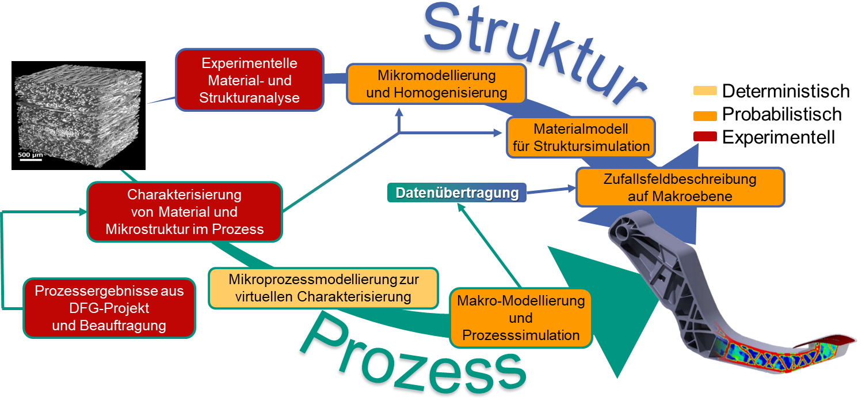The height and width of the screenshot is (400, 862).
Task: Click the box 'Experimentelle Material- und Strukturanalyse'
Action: click(249, 80)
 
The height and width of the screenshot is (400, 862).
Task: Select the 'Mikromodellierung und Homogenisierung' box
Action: click(436, 84)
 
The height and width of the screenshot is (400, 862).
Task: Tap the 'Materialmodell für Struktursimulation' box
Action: click(581, 138)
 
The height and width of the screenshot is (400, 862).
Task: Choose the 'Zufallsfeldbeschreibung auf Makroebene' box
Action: click(680, 187)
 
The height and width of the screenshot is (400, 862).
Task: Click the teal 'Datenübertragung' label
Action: click(457, 193)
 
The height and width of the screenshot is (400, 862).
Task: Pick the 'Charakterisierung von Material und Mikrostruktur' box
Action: click(185, 212)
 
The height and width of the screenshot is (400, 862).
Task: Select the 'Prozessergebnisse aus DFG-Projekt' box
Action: click(109, 308)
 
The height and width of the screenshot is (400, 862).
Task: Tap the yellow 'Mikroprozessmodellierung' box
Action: click(323, 288)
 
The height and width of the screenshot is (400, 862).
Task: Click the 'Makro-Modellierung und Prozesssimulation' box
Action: click(521, 318)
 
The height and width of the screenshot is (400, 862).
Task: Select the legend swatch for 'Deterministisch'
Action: click(705, 91)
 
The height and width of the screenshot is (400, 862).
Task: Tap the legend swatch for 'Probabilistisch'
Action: click(705, 116)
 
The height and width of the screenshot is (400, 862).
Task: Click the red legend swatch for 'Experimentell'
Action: click(705, 137)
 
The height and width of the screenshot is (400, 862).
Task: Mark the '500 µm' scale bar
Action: click(30, 159)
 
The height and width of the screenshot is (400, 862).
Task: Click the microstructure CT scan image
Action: click(78, 116)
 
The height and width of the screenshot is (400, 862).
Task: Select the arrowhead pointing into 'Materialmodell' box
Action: click(498, 133)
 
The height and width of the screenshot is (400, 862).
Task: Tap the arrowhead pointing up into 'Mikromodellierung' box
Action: click(399, 112)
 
